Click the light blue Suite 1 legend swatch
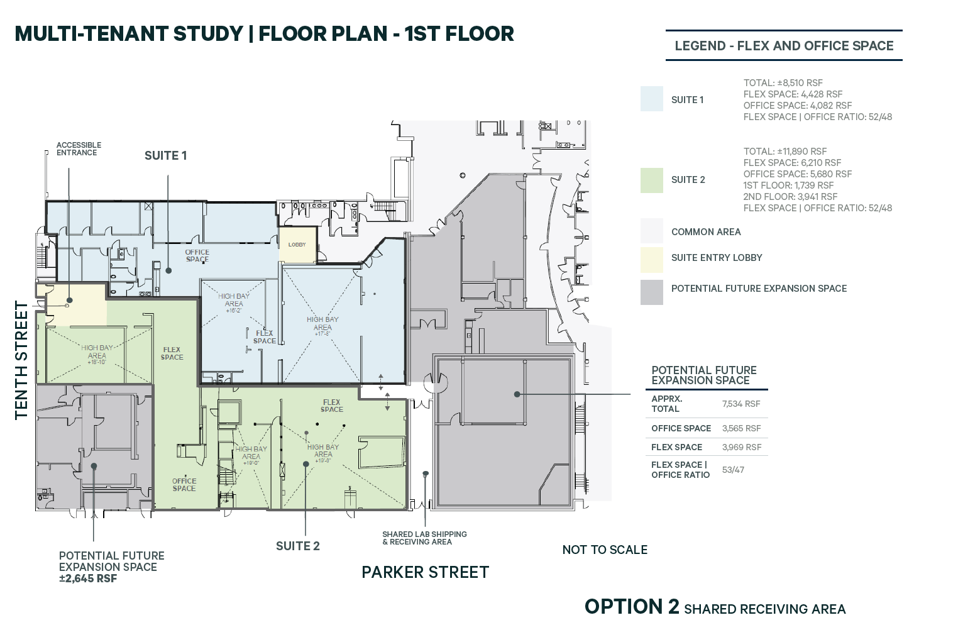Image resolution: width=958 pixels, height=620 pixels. tap(651, 99)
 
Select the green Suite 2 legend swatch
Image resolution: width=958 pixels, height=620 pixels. tap(651, 180)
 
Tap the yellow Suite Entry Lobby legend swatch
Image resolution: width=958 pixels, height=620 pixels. tap(651, 259)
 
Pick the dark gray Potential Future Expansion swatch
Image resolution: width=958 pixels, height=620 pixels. tap(651, 292)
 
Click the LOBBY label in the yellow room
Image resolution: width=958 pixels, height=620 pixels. tap(297, 245)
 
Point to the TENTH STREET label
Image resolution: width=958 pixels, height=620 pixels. tap(21, 360)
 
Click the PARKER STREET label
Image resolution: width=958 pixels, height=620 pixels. tap(425, 572)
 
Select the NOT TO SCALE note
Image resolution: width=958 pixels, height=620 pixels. tap(605, 550)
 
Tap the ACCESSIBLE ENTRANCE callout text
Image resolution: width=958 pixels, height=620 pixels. tap(78, 149)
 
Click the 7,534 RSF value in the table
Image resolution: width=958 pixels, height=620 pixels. tap(741, 404)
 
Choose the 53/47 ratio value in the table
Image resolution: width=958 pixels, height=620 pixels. tap(733, 470)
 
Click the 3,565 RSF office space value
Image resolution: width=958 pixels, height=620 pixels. tap(741, 428)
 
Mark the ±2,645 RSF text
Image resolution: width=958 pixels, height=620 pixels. tap(88, 578)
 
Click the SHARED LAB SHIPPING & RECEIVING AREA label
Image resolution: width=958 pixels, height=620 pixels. tap(424, 538)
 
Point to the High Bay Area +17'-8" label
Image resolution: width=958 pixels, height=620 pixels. tap(322, 326)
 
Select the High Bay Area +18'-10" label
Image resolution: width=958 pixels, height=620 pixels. tap(97, 355)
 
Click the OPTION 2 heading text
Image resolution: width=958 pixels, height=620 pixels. tap(632, 607)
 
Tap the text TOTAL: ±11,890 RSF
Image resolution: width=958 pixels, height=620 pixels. tap(785, 152)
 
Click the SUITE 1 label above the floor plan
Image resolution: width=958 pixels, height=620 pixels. tap(165, 156)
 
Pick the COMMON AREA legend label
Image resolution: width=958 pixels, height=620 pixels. tap(706, 232)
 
